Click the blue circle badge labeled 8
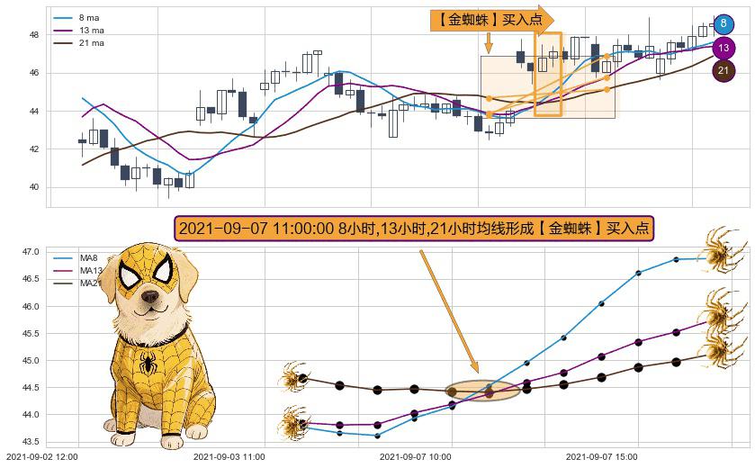724,24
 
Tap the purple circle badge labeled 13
724,48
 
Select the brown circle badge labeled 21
724,70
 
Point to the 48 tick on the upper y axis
34,35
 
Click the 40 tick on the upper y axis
34,187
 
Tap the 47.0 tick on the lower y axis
30,252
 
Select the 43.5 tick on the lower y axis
30,441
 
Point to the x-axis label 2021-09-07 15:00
603,456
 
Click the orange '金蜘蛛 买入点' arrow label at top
491,19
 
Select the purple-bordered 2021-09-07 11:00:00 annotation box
413,229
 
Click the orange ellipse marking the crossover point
483,391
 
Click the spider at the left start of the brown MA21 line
293,377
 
